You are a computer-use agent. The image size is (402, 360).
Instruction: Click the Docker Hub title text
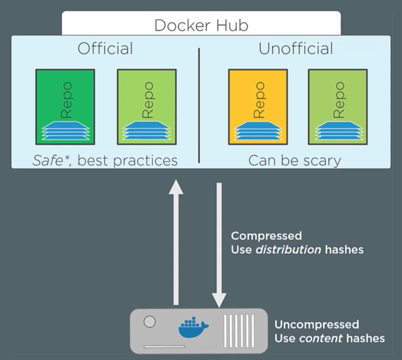point(201,25)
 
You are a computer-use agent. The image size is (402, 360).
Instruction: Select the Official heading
point(105,49)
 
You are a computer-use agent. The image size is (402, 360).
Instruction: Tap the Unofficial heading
point(295,49)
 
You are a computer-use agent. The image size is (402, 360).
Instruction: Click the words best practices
point(128,161)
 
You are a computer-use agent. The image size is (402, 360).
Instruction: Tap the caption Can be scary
point(295,161)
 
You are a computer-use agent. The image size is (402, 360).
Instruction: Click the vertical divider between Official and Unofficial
point(199,105)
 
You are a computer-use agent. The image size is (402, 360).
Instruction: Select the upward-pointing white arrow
point(176,242)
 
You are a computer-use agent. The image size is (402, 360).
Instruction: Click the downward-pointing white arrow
point(219,245)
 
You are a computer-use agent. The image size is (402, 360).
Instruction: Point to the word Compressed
point(266,236)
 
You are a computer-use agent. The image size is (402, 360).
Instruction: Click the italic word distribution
point(288,249)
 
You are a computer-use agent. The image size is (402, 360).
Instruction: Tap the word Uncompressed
point(317,324)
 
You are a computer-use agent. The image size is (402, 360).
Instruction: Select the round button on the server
point(150,322)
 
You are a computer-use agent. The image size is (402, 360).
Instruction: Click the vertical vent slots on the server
point(239,331)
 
